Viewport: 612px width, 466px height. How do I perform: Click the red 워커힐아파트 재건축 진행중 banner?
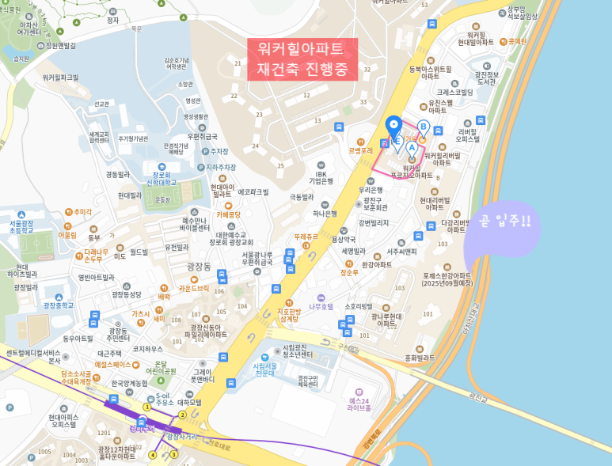pos(302,59)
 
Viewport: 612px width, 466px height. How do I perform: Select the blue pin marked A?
pos(412,146)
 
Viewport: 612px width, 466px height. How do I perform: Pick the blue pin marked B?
pos(424,127)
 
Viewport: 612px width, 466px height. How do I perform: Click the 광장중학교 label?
pos(59,305)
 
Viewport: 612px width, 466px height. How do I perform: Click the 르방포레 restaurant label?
pos(360,150)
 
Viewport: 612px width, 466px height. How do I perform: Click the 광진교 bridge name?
pos(477,394)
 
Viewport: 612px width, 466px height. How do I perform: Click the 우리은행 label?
pos(371,190)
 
